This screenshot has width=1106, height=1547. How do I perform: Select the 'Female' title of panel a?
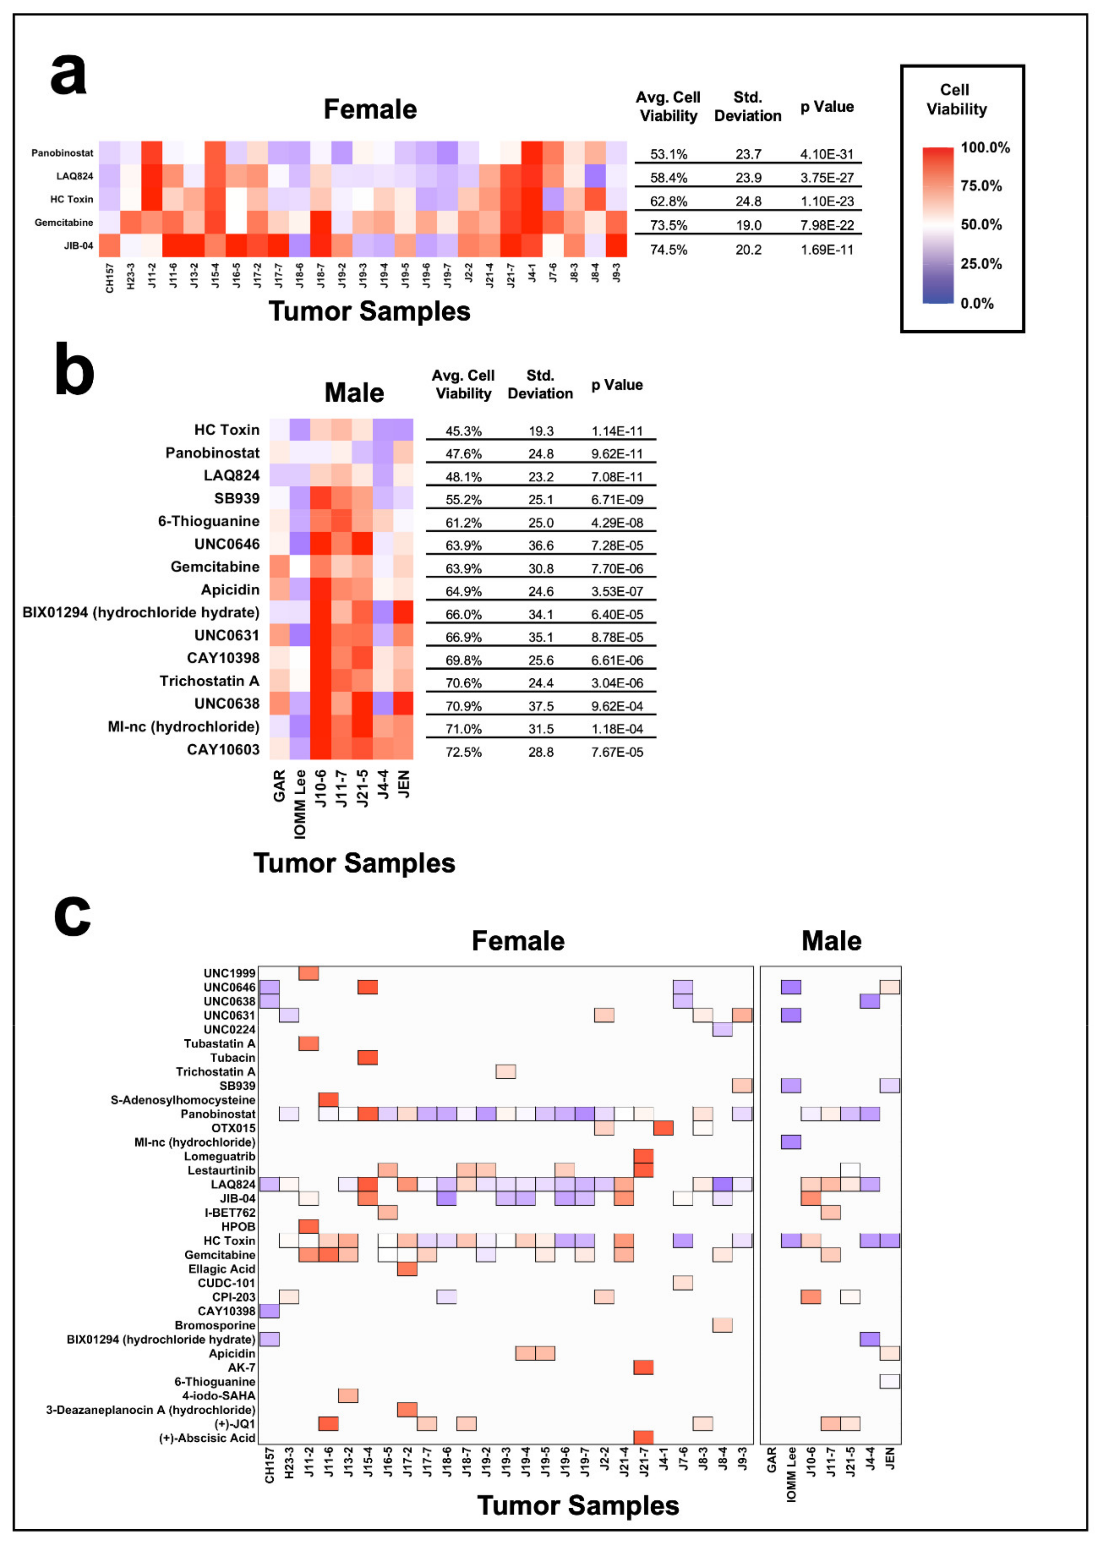pos(370,110)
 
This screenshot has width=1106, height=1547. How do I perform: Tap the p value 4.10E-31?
pos(826,155)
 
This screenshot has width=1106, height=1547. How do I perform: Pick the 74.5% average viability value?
pos(668,250)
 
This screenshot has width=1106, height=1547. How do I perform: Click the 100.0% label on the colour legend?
pos(985,148)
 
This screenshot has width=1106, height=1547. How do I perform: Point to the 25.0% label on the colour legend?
pos(981,264)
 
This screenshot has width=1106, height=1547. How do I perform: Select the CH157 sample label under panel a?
pos(110,278)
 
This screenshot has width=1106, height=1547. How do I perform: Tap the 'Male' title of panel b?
pos(354,393)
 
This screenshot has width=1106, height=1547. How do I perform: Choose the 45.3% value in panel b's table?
pos(463,431)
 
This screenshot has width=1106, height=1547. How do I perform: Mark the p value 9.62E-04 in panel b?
pos(617,706)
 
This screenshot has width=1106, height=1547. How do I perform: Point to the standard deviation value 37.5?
pos(541,706)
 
